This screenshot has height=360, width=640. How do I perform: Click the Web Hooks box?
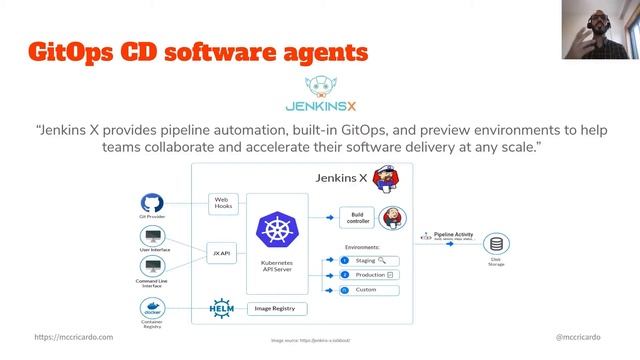tap(223, 203)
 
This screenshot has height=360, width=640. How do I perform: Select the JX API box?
tap(223, 253)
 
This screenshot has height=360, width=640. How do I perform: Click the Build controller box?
tap(356, 217)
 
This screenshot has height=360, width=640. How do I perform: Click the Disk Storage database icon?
tap(494, 245)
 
